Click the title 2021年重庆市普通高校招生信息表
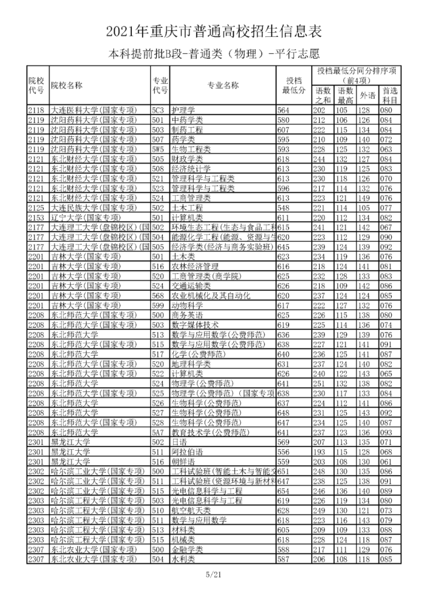214,31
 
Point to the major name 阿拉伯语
187,451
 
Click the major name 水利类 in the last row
183,559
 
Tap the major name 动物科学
187,305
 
